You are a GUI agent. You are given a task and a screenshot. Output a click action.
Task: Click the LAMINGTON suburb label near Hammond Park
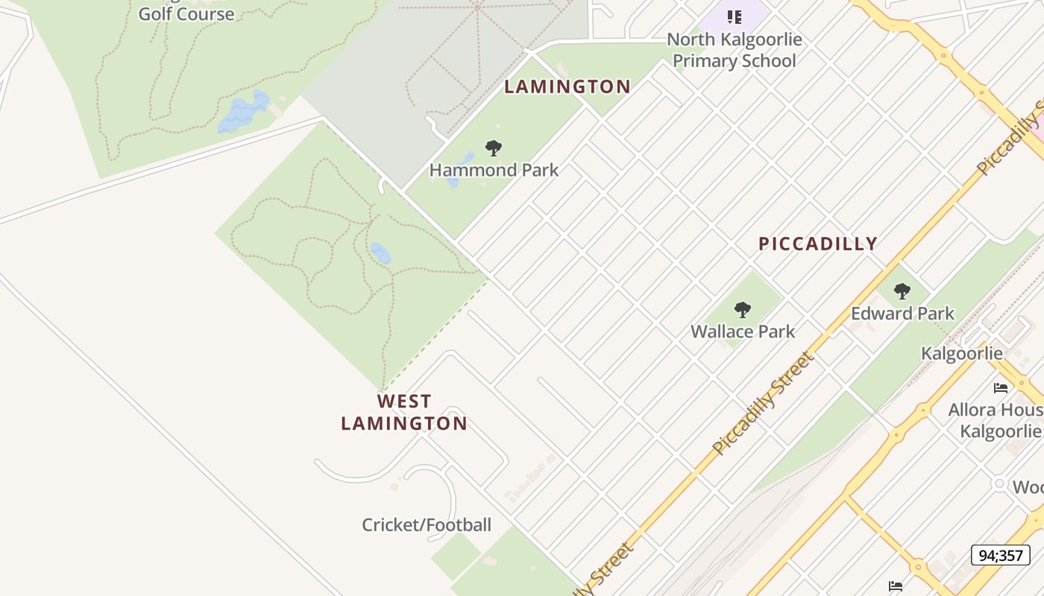click(x=567, y=86)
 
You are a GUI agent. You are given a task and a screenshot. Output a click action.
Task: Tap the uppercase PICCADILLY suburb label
click(x=818, y=244)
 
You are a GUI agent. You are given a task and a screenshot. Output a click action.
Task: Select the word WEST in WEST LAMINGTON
click(x=404, y=402)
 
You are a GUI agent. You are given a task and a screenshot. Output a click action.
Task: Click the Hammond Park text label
click(x=494, y=170)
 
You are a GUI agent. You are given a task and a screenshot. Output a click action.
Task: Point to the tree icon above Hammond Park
click(x=493, y=148)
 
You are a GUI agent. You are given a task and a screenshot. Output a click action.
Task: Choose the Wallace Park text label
click(x=743, y=332)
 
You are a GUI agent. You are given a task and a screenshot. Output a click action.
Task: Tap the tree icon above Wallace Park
click(x=742, y=310)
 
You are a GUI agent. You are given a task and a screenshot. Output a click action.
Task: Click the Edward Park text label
click(x=902, y=314)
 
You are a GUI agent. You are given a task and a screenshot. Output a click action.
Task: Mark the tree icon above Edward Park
click(x=902, y=291)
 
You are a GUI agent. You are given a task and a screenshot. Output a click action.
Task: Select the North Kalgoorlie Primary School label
click(x=735, y=50)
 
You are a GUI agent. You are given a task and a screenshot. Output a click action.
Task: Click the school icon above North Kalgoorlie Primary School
click(x=735, y=16)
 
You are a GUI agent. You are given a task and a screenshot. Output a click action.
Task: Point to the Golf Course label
click(x=186, y=13)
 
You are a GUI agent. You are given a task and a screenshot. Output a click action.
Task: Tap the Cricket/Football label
click(x=427, y=525)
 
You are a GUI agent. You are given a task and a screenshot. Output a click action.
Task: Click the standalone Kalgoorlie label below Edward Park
click(x=962, y=353)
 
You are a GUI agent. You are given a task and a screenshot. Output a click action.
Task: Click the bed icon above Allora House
click(x=1001, y=387)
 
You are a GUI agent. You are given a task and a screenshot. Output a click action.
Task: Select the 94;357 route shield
click(x=1000, y=555)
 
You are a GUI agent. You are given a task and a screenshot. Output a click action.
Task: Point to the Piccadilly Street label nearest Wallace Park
click(x=762, y=403)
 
